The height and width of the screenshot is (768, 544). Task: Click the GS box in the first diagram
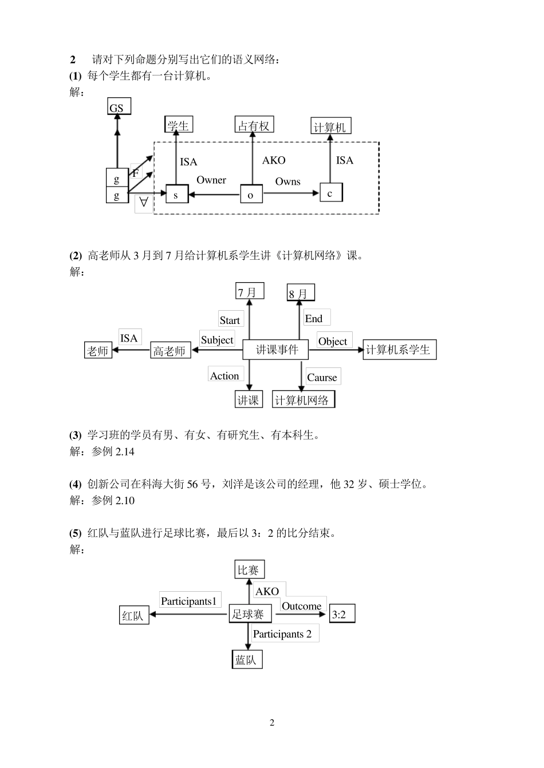coord(119,107)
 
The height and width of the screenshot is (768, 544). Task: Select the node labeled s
coord(176,195)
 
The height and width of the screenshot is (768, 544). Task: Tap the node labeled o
coord(251,195)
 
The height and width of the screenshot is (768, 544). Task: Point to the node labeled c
coord(330,193)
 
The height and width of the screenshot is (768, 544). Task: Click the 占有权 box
coord(254,125)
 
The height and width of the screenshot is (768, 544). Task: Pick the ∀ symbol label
coord(144,203)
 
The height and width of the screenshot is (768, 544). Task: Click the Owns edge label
coord(287,181)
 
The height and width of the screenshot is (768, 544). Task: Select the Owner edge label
coord(211,180)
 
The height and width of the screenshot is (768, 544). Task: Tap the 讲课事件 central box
coord(277,350)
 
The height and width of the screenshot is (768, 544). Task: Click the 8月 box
coord(300,293)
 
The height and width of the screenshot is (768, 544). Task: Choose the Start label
coord(230,320)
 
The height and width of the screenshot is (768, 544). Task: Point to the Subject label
coord(217,340)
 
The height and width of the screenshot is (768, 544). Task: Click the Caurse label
coord(322,377)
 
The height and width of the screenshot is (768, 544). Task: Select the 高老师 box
coord(169,351)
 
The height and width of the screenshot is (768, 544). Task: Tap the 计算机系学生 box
coord(399,350)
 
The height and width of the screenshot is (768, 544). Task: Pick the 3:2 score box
coord(341,615)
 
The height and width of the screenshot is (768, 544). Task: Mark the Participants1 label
coord(189,601)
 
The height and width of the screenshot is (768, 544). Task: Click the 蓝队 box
coord(246,660)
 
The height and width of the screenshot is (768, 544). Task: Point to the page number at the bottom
coord(272,722)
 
